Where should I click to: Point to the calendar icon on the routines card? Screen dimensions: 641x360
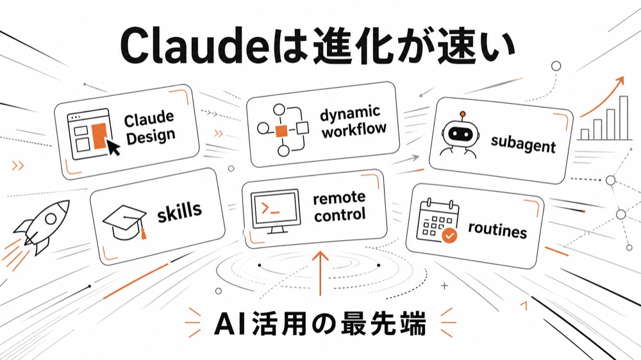[437, 221]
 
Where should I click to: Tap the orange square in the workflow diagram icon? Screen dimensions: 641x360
[281, 131]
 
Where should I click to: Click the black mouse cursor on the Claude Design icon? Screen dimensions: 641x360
[113, 147]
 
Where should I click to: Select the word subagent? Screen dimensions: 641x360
[523, 144]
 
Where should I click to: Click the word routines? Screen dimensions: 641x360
[497, 230]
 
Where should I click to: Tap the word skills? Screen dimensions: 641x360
[179, 212]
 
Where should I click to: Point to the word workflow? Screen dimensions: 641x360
[354, 130]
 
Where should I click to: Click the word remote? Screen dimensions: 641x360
[339, 198]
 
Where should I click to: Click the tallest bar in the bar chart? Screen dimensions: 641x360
[624, 118]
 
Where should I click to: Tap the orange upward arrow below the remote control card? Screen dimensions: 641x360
[320, 273]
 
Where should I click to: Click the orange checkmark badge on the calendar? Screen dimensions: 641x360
[449, 236]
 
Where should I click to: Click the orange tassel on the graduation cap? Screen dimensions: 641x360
[143, 233]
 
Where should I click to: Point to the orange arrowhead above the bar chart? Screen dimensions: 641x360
[620, 81]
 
